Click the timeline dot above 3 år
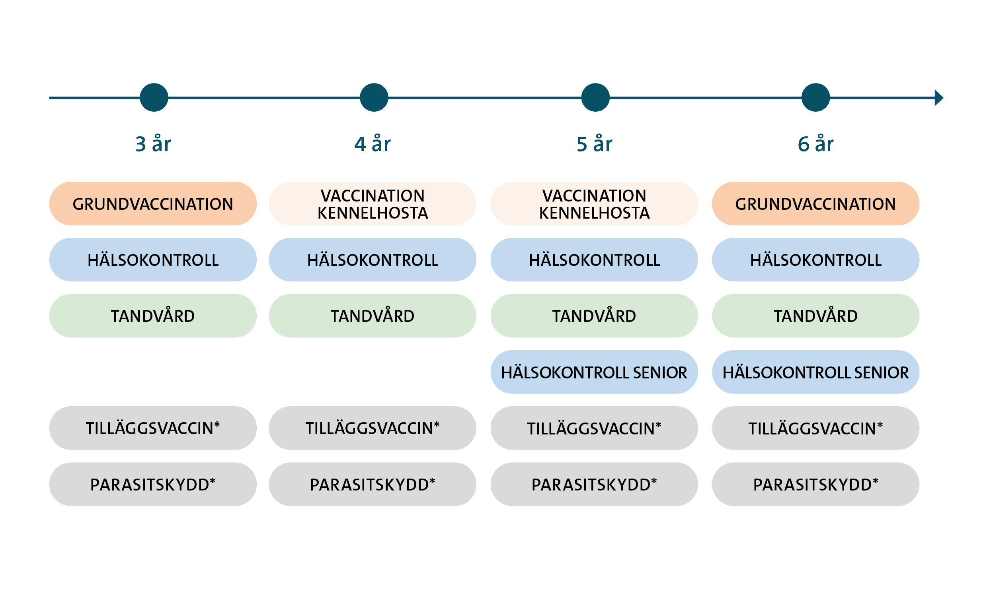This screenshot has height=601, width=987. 154,98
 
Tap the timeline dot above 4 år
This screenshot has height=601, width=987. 374,98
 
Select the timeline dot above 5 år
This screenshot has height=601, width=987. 595,98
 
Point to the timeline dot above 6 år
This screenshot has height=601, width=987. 815,98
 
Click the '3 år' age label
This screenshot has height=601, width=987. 153,144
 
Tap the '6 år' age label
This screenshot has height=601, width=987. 815,144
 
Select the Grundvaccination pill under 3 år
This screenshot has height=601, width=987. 153,204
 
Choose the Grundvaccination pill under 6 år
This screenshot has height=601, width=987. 815,204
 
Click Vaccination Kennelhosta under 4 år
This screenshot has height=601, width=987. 373,204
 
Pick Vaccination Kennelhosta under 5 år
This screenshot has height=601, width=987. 594,204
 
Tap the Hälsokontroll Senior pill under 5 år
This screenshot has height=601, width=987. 594,372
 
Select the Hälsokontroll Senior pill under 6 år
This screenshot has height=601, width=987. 815,372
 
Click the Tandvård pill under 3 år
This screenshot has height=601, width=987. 153,316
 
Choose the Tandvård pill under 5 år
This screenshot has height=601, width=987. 594,316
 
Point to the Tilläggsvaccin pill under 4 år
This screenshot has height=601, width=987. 373,428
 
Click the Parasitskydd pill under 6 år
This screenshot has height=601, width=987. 815,484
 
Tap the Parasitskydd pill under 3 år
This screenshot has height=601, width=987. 153,484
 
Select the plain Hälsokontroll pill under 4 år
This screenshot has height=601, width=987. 373,260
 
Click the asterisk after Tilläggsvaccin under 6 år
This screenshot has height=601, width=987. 880,425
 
